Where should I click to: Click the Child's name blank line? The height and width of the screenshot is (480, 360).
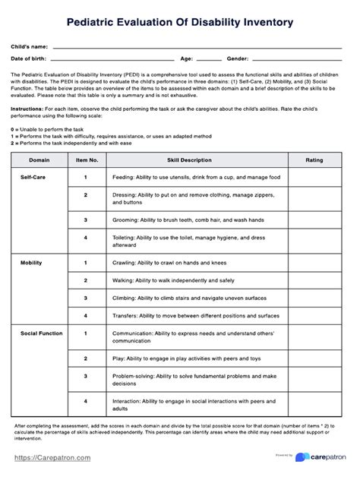click(197, 46)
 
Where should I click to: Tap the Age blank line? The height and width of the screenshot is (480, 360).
click(208, 58)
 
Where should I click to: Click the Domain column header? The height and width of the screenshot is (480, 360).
click(39, 161)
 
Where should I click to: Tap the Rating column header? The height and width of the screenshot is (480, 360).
click(313, 161)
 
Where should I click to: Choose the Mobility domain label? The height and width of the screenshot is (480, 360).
click(30, 261)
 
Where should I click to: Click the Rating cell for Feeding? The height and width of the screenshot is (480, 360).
click(313, 177)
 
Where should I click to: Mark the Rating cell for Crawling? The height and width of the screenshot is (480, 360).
click(313, 262)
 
